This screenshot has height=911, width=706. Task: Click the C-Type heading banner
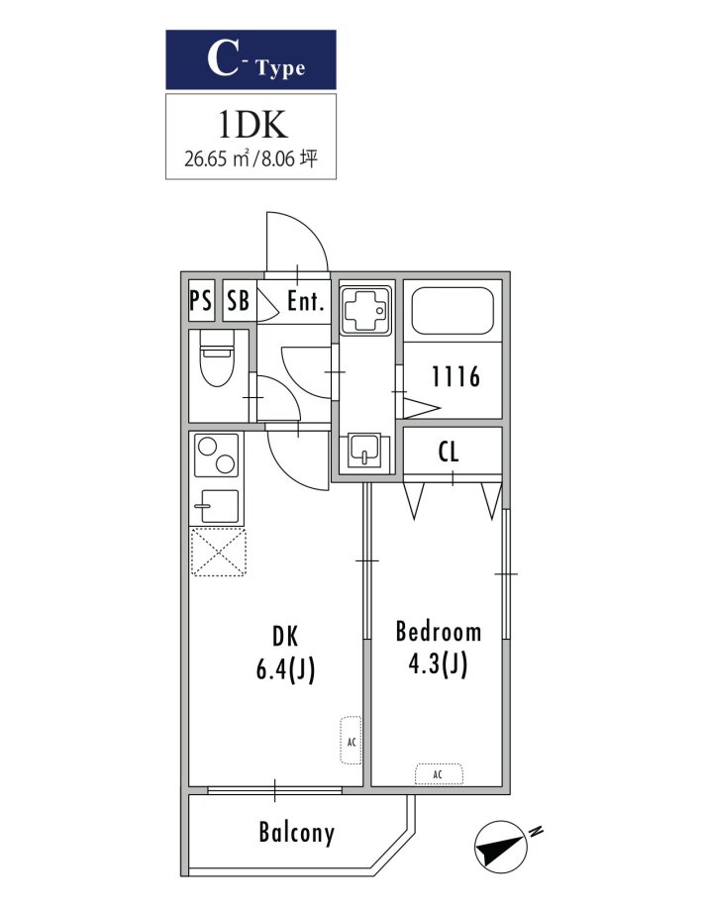pyautogui.click(x=251, y=59)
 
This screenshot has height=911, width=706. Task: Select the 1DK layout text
pyautogui.click(x=252, y=125)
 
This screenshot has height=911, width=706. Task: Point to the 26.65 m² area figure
pyautogui.click(x=217, y=158)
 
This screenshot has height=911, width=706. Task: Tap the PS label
pyautogui.click(x=201, y=301)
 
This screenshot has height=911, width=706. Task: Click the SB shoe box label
pyautogui.click(x=238, y=301)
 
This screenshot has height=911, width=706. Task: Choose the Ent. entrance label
pyautogui.click(x=305, y=301)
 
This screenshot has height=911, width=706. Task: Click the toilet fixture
pyautogui.click(x=216, y=357)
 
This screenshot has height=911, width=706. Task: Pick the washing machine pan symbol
pyautogui.click(x=365, y=310)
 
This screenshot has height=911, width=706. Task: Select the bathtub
pyautogui.click(x=453, y=311)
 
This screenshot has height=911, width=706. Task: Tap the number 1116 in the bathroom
pyautogui.click(x=455, y=376)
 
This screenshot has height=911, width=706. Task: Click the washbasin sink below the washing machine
pyautogui.click(x=364, y=451)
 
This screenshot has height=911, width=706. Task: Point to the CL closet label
pyautogui.click(x=448, y=452)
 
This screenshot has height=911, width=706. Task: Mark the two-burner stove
pyautogui.click(x=216, y=455)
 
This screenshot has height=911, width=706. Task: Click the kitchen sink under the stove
pyautogui.click(x=216, y=506)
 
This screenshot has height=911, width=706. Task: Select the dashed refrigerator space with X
pyautogui.click(x=219, y=552)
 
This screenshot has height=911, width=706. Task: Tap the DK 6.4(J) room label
pyautogui.click(x=285, y=653)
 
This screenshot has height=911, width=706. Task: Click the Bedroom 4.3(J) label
pyautogui.click(x=438, y=648)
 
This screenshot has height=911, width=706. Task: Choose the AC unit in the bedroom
pyautogui.click(x=439, y=774)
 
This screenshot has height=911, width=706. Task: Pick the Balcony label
pyautogui.click(x=296, y=833)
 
